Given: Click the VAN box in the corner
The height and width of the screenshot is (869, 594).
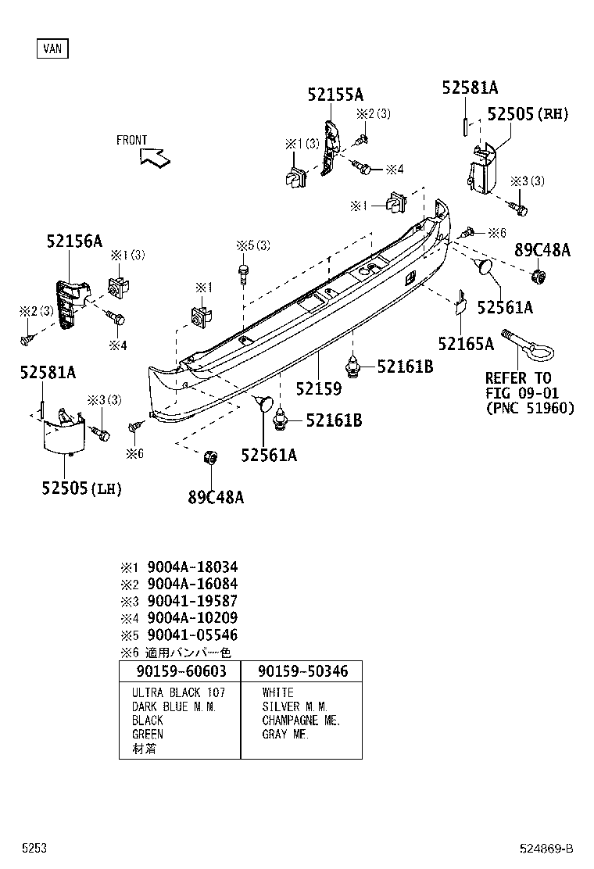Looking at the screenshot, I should [52, 49].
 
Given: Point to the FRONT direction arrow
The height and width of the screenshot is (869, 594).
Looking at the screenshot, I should [156, 156].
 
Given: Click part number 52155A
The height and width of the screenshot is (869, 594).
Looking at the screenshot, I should [335, 95].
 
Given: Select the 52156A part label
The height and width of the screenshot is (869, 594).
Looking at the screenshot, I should [73, 241].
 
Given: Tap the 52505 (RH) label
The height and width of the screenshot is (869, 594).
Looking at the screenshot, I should [528, 114].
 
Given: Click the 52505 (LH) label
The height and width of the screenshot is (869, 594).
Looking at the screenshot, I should [82, 488].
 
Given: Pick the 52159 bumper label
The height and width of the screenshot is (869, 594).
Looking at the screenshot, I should [318, 388].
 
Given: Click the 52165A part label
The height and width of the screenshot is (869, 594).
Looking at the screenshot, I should [466, 344].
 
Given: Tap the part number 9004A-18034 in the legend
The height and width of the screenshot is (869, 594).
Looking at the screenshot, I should [192, 567].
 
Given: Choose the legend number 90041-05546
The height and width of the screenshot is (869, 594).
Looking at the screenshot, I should [192, 635].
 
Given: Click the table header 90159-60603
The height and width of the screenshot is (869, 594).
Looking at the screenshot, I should [181, 671].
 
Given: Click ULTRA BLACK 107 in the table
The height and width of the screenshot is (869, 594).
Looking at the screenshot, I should [178, 693].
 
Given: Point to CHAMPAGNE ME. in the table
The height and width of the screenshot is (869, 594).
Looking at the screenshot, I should [301, 721].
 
